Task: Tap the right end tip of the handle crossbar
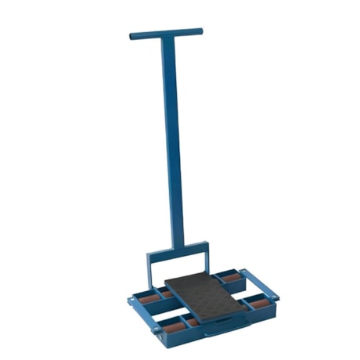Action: coord(200,31)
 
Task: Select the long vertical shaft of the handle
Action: coord(173,141)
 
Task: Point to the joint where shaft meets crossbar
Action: coord(167,35)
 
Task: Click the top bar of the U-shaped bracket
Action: coord(178,250)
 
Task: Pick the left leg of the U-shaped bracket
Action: coord(149,270)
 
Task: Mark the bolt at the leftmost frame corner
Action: coord(131,300)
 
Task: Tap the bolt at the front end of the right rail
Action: coord(275,296)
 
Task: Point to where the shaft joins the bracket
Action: coord(177,246)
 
